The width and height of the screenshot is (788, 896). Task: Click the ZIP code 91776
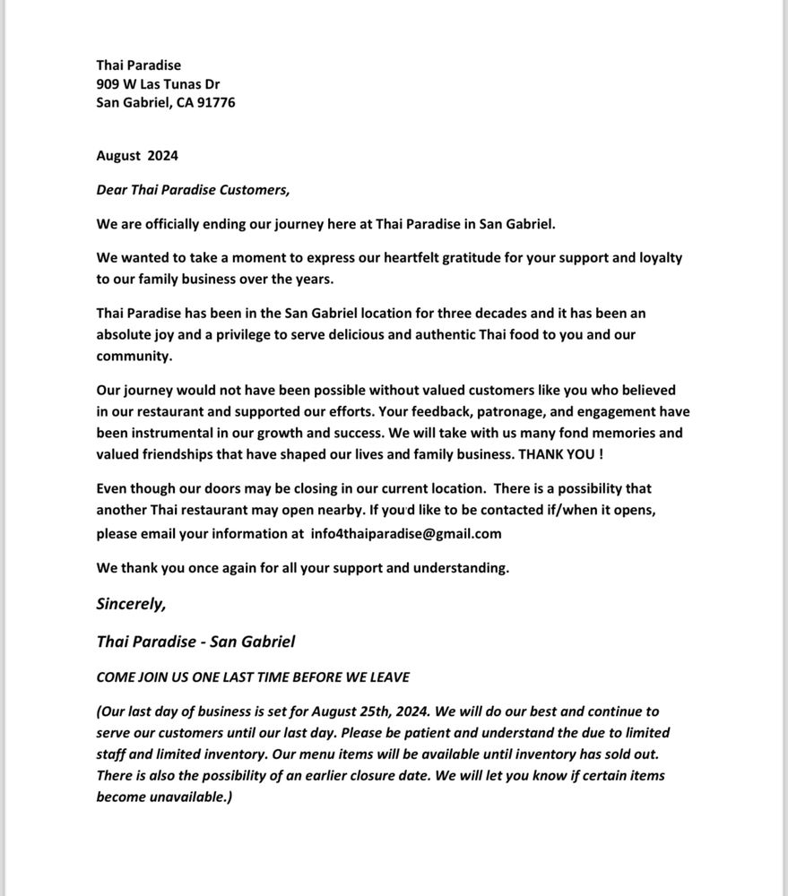(x=215, y=102)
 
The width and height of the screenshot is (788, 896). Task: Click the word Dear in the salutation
(x=112, y=189)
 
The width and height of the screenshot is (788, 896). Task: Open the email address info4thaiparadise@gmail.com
(x=406, y=534)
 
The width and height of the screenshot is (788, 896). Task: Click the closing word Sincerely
(x=131, y=603)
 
